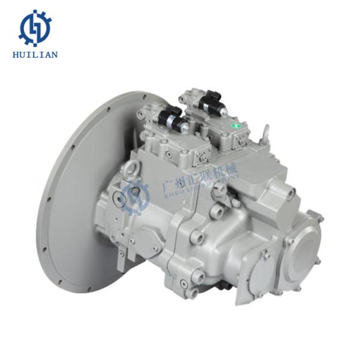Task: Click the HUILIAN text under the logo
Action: coord(35,55)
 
